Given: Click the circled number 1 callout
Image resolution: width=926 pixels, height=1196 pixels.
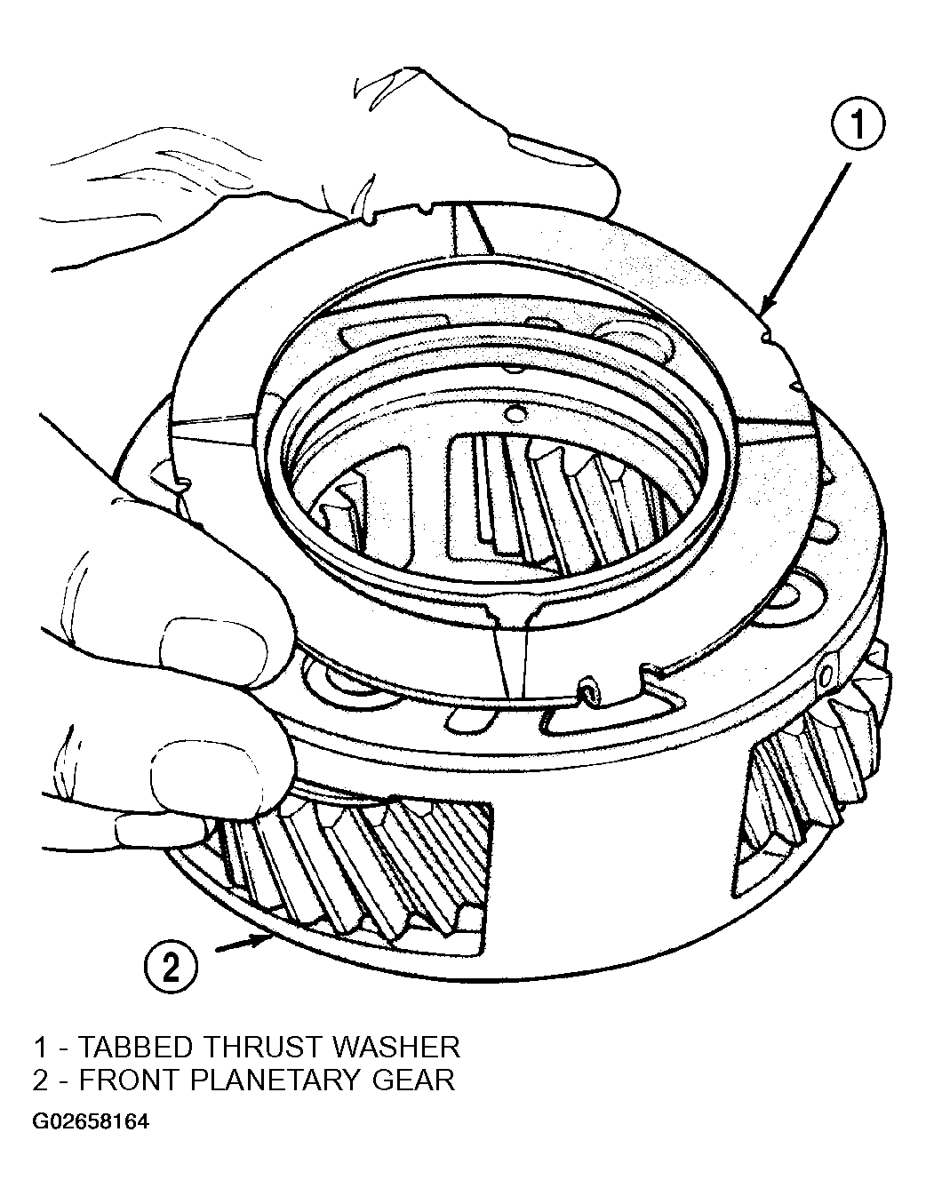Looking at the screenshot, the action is click(x=857, y=124).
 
